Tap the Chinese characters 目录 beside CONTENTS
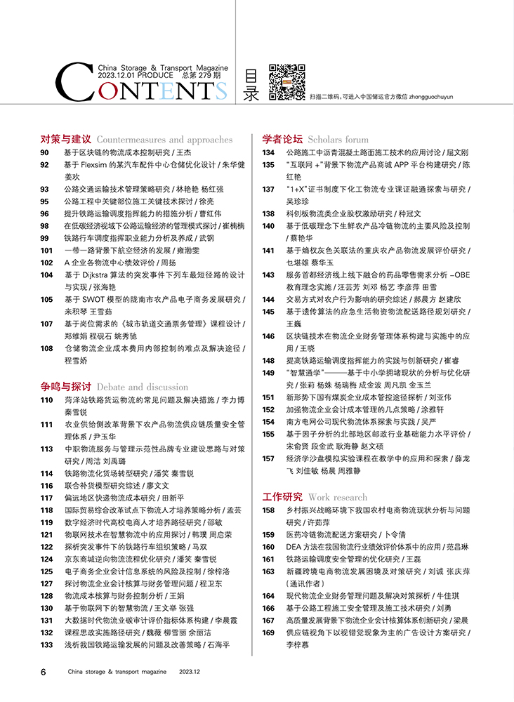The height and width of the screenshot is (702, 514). pyautogui.click(x=251, y=85)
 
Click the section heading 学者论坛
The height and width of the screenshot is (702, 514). pyautogui.click(x=282, y=139)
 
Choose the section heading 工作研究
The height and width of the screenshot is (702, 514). pyautogui.click(x=282, y=497)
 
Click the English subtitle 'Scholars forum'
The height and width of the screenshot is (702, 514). pyautogui.click(x=338, y=139)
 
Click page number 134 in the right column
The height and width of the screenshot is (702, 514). pyautogui.click(x=268, y=152)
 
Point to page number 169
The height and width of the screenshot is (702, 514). pyautogui.click(x=268, y=633)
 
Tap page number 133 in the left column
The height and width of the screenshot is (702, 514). pyautogui.click(x=47, y=644)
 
